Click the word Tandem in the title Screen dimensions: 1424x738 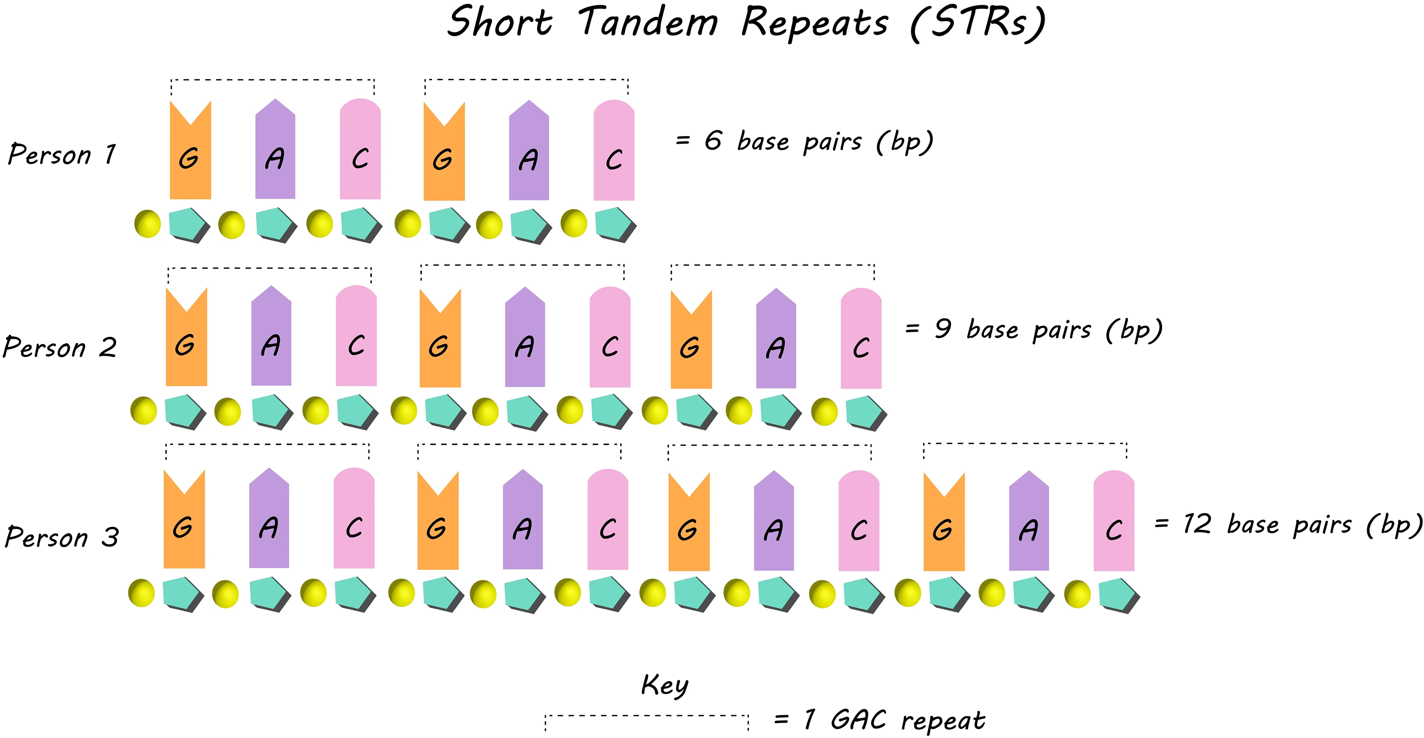648,23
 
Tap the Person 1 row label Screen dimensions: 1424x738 62,154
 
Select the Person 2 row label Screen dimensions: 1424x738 60,347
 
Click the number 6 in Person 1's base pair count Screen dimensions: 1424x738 713,141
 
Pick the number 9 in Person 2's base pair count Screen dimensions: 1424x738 943,329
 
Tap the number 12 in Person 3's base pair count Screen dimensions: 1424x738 1197,524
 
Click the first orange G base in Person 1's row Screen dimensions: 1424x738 190,152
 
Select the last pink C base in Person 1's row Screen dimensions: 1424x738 614,152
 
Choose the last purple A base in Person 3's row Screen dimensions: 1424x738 1029,522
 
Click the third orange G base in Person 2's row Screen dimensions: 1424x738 691,341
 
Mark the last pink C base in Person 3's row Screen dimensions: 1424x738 1114,522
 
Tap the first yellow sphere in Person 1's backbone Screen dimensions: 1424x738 148,224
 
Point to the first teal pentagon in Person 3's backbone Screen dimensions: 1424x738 183,594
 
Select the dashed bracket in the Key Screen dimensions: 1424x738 647,717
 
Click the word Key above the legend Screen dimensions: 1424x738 665,685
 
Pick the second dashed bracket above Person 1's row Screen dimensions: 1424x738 526,81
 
